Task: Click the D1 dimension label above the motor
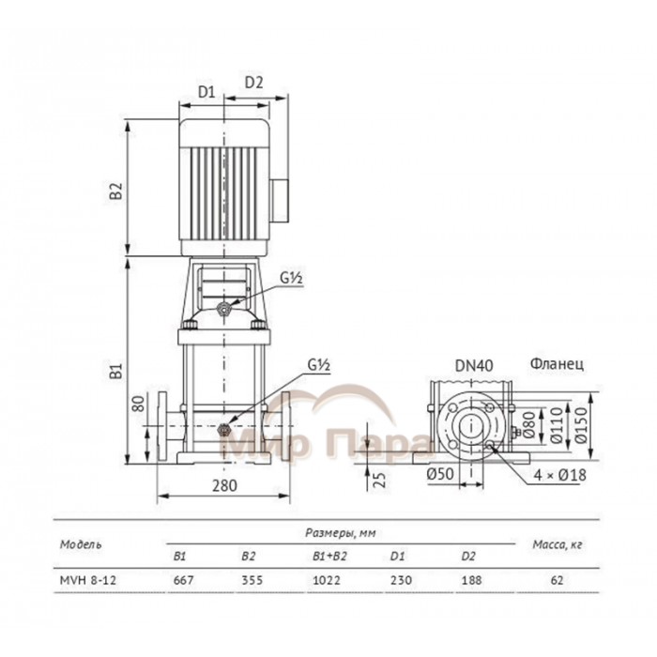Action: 206,91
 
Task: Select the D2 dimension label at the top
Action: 254,83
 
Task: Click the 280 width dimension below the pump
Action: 224,485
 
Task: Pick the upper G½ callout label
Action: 291,278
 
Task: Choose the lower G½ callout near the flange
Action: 319,365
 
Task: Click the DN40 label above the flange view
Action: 474,365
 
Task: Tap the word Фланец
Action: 557,364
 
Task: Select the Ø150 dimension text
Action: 581,425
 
